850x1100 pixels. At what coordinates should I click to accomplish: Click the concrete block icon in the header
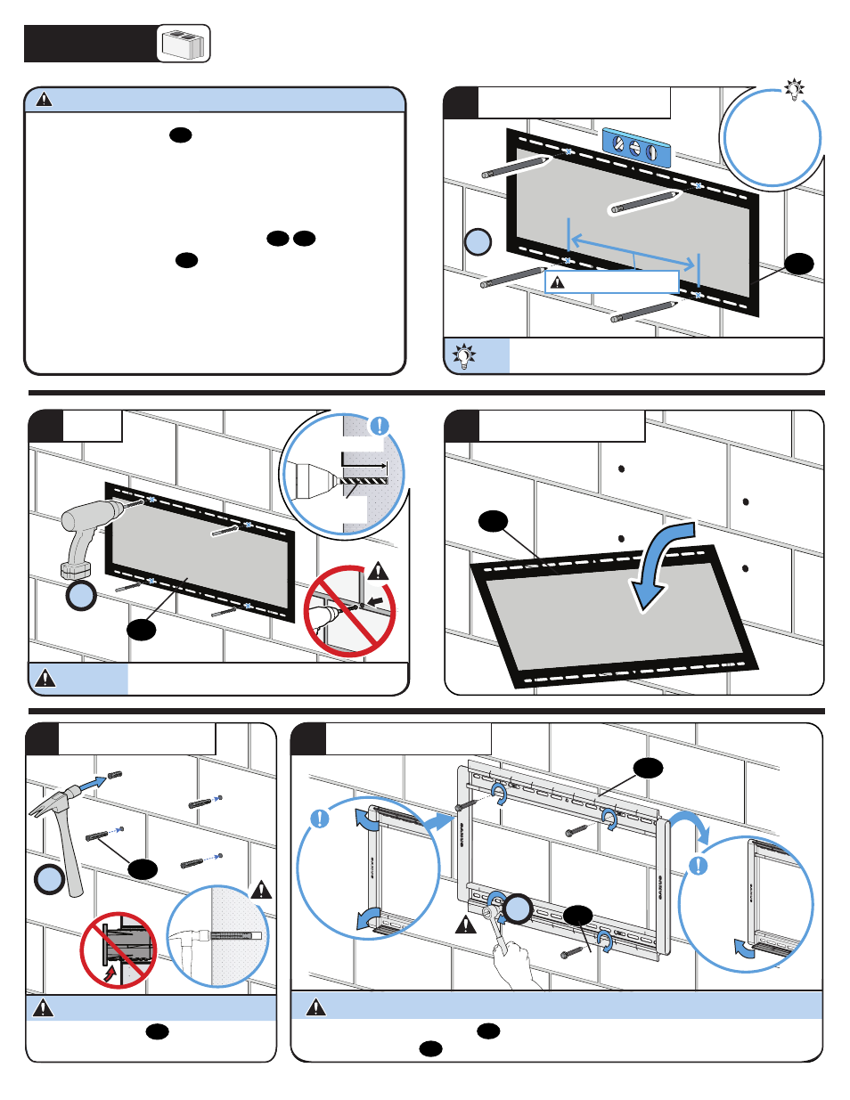pos(184,44)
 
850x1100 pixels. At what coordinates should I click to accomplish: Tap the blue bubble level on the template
pos(635,148)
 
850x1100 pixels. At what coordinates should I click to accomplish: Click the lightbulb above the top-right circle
pos(794,89)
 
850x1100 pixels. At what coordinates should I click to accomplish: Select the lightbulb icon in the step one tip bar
pos(463,356)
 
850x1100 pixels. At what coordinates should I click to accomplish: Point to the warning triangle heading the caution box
pos(44,99)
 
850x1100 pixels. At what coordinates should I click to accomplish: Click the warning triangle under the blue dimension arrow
pos(558,282)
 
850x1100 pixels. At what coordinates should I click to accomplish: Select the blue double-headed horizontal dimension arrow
pos(633,251)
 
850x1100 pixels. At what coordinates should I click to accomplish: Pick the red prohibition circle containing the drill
pos(350,611)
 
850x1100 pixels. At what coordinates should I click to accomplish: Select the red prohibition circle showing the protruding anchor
pos(119,949)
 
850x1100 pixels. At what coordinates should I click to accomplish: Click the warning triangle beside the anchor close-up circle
pos(261,889)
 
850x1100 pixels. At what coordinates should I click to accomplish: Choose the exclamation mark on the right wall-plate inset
pos(699,865)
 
